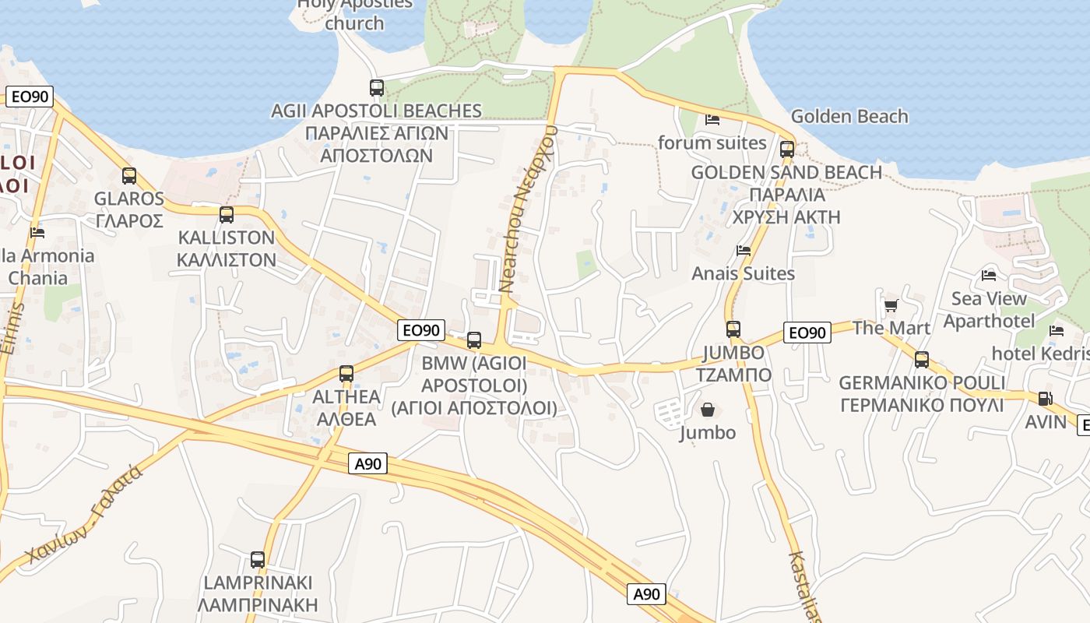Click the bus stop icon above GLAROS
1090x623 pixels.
[x=129, y=176]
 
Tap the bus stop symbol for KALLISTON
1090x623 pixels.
[x=227, y=215]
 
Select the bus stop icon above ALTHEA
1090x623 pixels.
[x=346, y=374]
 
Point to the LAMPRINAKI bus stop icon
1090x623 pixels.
[x=258, y=560]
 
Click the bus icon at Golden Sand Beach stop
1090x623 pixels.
[x=787, y=149]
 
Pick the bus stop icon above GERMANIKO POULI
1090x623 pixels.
[x=922, y=360]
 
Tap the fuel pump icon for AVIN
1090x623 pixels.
[x=1045, y=399]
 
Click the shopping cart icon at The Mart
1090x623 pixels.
[x=891, y=305]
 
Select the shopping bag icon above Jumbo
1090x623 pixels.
[x=708, y=409]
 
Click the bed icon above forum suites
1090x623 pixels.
[x=712, y=120]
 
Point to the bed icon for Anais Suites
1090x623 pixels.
[x=744, y=251]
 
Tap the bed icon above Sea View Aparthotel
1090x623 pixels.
[x=989, y=276]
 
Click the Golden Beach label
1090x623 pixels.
[x=849, y=117]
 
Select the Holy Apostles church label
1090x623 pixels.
[x=355, y=13]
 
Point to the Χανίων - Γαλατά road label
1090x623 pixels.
[x=83, y=515]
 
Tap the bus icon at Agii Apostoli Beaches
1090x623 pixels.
[x=377, y=88]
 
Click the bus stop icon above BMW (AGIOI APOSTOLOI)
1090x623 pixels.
[x=474, y=340]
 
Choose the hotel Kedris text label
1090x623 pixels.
[x=1040, y=354]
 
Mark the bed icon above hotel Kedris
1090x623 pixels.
[x=1057, y=331]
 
